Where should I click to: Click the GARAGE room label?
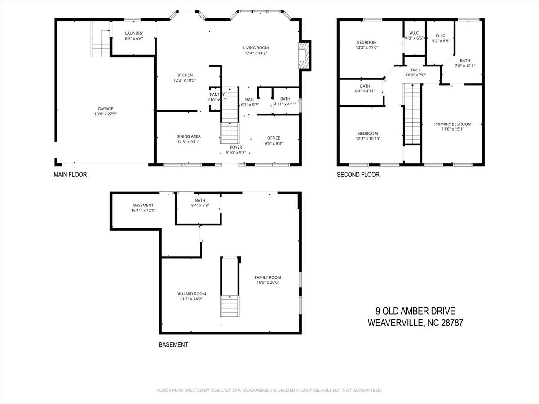tap(106, 108)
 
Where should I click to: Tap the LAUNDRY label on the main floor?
tap(134, 33)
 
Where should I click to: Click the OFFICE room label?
tap(274, 138)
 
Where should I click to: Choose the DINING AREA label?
tap(188, 136)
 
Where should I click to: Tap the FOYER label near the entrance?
tap(236, 147)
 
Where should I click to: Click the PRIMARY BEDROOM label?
tap(452, 124)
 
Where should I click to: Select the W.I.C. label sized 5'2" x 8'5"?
tap(440, 35)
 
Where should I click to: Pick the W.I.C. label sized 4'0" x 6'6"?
tap(414, 33)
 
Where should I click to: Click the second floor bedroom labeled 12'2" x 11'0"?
tap(367, 43)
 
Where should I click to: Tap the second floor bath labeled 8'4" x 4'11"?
tap(365, 86)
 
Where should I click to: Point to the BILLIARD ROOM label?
tap(191, 294)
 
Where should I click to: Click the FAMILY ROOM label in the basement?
tap(268, 277)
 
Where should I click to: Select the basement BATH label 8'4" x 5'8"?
tap(200, 200)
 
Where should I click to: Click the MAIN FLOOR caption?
tap(70, 175)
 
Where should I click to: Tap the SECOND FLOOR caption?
tap(358, 175)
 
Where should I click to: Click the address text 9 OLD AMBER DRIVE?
tap(415, 311)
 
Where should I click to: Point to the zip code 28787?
tap(451, 322)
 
